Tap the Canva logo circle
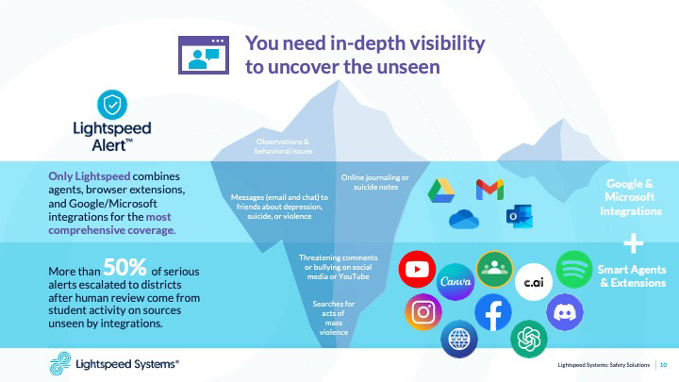[x=456, y=280]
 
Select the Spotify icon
[x=573, y=269]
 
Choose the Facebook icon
[x=492, y=313]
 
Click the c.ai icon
[x=533, y=280]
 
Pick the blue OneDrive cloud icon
[x=465, y=219]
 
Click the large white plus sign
[x=636, y=243]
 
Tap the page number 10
[x=663, y=365]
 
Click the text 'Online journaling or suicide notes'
[x=374, y=182]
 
